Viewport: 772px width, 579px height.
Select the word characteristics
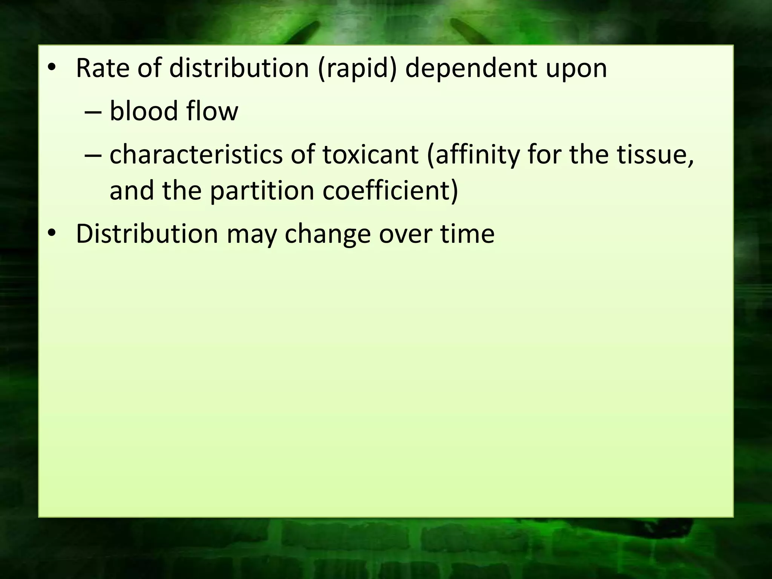196,155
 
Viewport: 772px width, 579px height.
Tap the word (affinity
473,155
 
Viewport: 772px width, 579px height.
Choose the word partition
262,190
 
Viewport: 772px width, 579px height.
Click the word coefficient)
391,190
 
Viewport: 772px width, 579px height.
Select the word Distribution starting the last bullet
147,234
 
